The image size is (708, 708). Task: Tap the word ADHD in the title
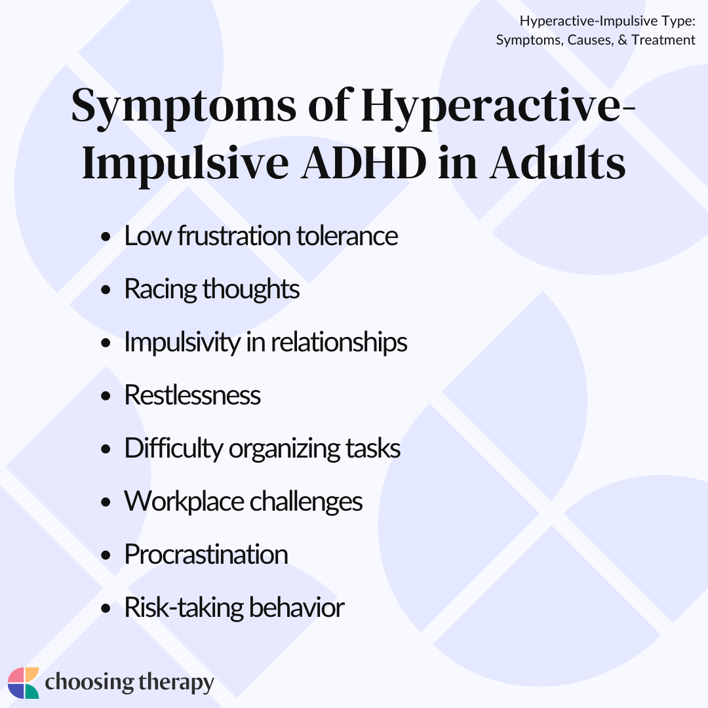[x=364, y=163]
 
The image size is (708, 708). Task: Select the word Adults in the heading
[x=558, y=163]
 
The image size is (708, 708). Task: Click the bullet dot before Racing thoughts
[x=106, y=290]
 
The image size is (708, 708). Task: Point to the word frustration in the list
[x=234, y=236]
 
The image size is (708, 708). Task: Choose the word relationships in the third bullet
[x=339, y=342]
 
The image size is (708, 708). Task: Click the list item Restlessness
[x=192, y=395]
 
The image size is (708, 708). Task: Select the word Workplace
[x=184, y=502]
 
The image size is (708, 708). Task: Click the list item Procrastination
[x=206, y=555]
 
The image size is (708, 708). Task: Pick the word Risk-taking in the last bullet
[x=184, y=608]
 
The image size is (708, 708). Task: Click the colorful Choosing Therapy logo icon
[x=24, y=682]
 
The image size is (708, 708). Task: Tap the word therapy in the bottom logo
[x=176, y=682]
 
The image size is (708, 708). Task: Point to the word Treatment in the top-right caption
[x=663, y=40]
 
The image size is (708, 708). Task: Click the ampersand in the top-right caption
[x=623, y=40]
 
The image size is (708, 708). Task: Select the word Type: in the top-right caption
[x=678, y=21]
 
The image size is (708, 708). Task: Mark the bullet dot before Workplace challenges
[x=106, y=502]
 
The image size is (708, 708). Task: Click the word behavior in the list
[x=297, y=607]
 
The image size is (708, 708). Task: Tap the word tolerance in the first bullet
[x=347, y=236]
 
